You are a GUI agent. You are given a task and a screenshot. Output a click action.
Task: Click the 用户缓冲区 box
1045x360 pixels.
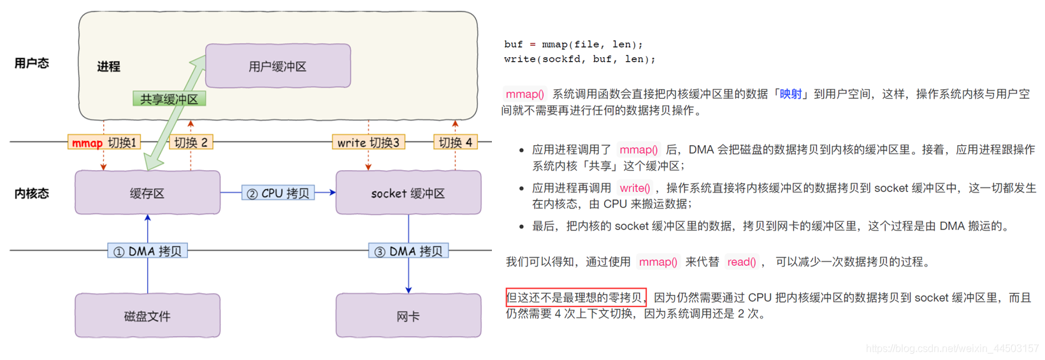(278, 66)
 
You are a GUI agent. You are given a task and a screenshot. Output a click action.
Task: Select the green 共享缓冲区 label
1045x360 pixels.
(169, 99)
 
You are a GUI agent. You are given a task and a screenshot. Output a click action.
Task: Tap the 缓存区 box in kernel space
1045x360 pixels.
(147, 193)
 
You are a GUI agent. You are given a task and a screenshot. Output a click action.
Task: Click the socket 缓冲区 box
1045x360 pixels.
(408, 193)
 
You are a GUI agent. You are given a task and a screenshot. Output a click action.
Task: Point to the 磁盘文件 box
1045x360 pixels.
(147, 316)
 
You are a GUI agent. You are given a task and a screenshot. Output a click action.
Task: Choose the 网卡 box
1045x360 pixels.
(408, 316)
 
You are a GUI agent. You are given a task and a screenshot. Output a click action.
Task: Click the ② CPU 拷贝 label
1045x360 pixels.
(278, 193)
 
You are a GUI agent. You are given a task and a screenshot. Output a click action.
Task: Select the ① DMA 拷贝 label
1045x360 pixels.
(147, 251)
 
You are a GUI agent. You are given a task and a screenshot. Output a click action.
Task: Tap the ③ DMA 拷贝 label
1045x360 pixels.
(408, 251)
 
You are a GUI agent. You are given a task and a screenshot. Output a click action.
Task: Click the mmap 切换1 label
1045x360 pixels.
(104, 142)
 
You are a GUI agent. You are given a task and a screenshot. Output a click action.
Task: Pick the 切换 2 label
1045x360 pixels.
(191, 142)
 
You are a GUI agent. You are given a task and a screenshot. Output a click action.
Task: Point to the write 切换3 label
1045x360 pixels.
(368, 142)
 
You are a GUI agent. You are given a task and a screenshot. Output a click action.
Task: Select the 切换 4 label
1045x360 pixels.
(455, 142)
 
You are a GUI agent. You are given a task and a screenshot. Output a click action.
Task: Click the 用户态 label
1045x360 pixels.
(31, 63)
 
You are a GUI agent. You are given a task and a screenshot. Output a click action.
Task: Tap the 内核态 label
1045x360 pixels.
(31, 193)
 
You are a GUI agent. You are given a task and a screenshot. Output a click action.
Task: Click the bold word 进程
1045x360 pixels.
(108, 66)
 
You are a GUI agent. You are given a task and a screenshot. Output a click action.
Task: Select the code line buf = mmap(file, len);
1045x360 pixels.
(573, 45)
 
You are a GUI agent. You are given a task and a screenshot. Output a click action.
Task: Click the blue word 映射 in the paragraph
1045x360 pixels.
(790, 94)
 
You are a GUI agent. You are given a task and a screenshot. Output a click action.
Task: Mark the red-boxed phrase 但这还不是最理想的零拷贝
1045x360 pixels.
(576, 298)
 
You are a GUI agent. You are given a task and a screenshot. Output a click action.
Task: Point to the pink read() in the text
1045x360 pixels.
(742, 262)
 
